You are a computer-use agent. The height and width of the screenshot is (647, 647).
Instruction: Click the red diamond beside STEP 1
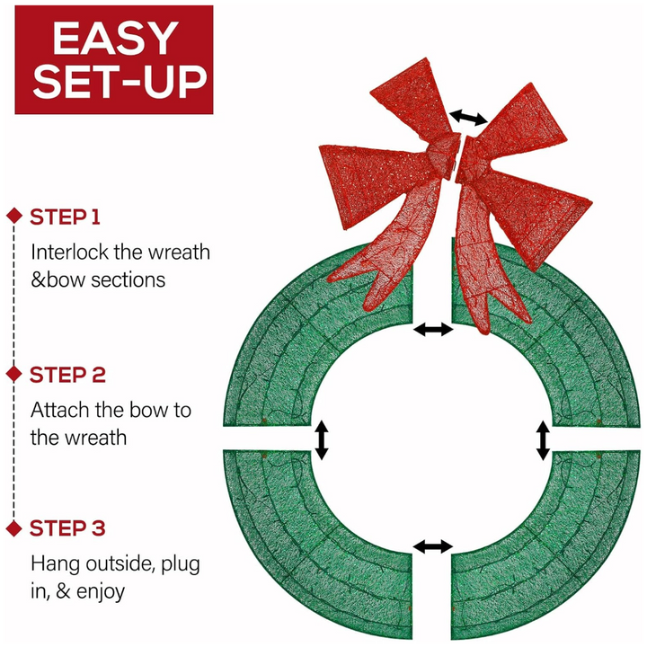click(x=13, y=216)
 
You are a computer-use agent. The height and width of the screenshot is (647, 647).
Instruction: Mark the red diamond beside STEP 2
click(x=13, y=373)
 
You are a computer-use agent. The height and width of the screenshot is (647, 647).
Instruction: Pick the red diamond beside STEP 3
click(x=13, y=527)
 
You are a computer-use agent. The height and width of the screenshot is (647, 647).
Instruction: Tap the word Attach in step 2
click(x=58, y=411)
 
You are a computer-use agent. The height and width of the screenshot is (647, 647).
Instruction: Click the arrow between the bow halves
click(x=469, y=117)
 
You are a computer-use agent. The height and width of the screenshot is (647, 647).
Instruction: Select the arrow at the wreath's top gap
click(x=433, y=330)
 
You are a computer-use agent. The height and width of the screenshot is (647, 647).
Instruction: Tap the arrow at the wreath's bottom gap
click(x=433, y=546)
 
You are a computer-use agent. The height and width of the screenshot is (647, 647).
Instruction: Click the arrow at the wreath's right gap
click(x=543, y=441)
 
